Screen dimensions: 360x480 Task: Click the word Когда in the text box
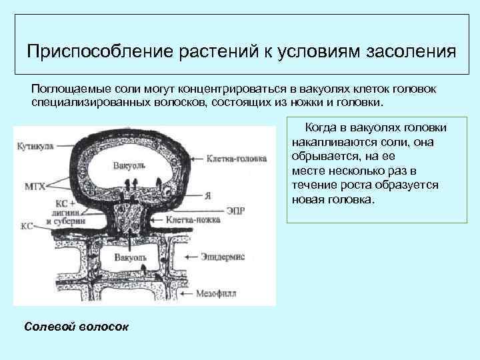pyautogui.click(x=321, y=127)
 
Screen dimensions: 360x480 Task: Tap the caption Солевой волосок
pyautogui.click(x=77, y=327)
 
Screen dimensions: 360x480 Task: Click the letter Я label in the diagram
pyautogui.click(x=207, y=195)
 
